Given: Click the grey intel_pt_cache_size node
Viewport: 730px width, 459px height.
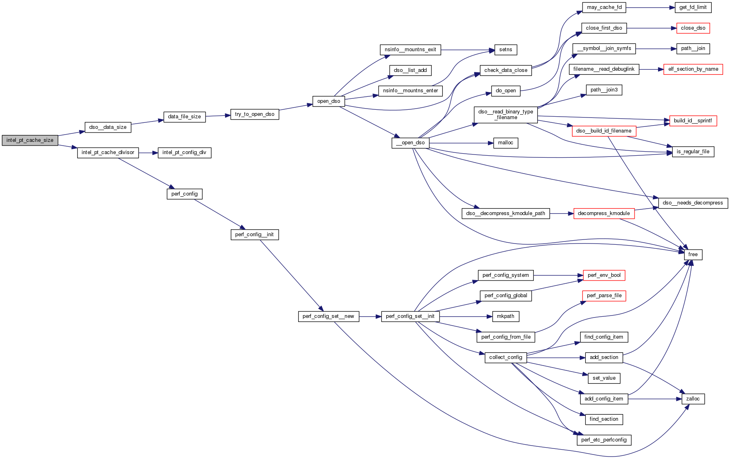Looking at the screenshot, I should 30,140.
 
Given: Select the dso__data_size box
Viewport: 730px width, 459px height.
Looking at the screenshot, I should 108,127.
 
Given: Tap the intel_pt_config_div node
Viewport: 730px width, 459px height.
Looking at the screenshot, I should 184,152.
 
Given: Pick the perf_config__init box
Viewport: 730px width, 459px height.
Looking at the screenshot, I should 254,235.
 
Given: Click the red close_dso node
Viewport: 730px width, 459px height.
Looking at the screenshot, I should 693,28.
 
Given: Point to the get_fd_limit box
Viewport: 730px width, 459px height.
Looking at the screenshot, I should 693,7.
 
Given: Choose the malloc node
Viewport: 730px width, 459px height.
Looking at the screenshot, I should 505,143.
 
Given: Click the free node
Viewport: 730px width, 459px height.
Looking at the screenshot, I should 693,255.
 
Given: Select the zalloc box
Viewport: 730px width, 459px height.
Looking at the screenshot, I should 693,399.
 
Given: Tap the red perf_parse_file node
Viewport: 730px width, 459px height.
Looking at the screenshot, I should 604,296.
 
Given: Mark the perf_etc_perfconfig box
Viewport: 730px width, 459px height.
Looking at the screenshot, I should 604,440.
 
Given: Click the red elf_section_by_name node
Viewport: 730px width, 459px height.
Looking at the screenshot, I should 693,69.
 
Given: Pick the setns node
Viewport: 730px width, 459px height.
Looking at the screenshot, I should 505,50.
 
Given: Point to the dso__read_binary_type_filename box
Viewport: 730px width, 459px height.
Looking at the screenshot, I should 505,115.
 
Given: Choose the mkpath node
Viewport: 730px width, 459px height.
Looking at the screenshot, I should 505,316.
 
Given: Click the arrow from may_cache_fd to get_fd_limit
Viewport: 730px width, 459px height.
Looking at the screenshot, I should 650,7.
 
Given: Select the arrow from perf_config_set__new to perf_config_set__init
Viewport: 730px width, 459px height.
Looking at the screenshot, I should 370,316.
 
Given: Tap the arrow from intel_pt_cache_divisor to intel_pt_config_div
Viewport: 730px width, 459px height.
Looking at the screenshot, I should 148,153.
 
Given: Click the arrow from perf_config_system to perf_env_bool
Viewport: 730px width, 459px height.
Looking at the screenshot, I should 558,275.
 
